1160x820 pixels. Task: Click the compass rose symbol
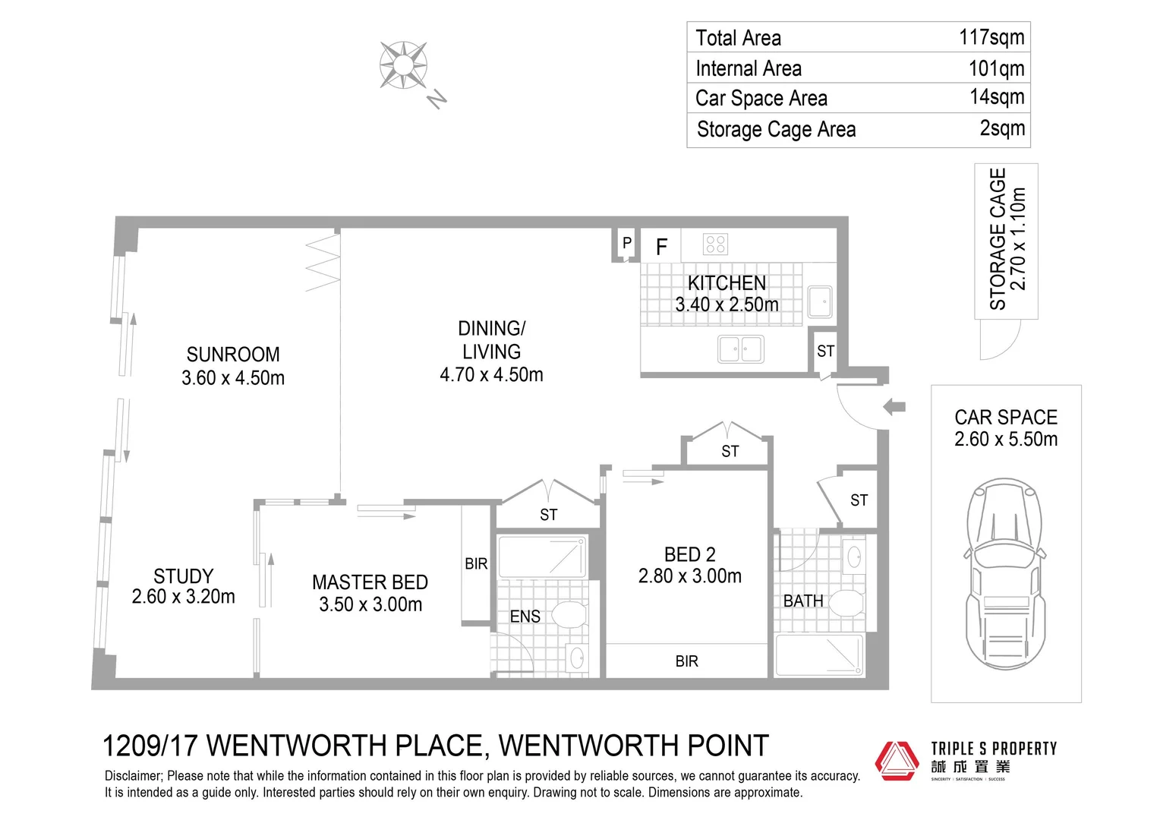(x=403, y=65)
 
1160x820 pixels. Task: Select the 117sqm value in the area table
(x=991, y=37)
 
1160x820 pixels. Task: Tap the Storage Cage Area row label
(x=776, y=130)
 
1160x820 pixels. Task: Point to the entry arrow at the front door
(x=895, y=407)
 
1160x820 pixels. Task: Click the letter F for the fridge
(x=661, y=247)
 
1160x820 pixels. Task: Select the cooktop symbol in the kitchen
(x=716, y=244)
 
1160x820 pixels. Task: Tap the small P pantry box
(x=626, y=244)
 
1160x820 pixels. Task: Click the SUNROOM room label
(x=233, y=355)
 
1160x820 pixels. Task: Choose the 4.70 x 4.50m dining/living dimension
(x=491, y=375)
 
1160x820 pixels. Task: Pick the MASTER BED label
(x=370, y=582)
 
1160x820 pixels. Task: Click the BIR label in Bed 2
(x=686, y=661)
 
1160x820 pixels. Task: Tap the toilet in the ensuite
(x=569, y=614)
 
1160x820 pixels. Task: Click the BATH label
(x=803, y=601)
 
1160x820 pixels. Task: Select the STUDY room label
(x=183, y=576)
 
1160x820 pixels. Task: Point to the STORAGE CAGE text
(x=998, y=239)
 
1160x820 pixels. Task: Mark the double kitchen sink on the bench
(x=740, y=349)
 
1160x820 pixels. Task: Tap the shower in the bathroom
(x=820, y=655)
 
